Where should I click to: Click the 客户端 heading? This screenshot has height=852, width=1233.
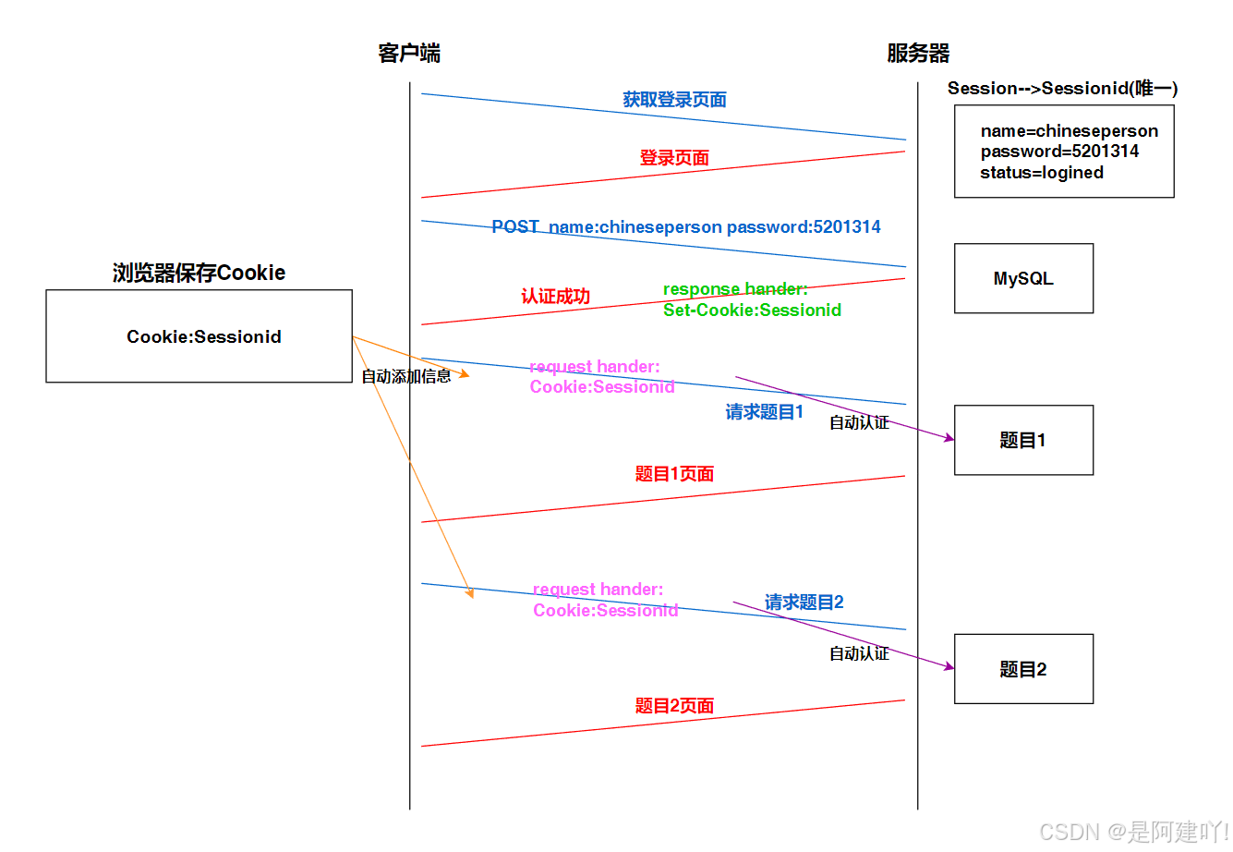[409, 54]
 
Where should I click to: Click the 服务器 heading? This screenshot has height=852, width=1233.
[918, 54]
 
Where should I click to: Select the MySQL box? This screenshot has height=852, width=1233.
[1023, 278]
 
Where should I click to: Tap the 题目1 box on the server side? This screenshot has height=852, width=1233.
[1023, 440]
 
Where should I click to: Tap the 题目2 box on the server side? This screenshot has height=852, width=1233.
[1023, 669]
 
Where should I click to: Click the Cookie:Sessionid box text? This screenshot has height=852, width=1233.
[204, 336]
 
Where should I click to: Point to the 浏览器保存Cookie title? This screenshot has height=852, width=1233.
[199, 273]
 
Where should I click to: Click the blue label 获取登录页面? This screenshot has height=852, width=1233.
[674, 100]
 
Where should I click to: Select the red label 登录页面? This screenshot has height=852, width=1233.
[674, 158]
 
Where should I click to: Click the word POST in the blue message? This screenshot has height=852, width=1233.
[514, 226]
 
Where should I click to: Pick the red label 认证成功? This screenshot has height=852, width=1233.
[555, 297]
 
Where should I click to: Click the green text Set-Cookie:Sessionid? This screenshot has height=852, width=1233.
[752, 310]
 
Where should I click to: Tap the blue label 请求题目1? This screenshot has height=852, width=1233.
[764, 412]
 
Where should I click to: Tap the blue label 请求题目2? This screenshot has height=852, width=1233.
[804, 602]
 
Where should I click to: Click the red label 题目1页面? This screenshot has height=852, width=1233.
[674, 474]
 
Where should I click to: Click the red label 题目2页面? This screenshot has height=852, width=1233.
[674, 706]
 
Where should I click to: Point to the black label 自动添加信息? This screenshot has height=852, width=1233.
[405, 376]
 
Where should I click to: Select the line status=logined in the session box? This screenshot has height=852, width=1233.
[1042, 173]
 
